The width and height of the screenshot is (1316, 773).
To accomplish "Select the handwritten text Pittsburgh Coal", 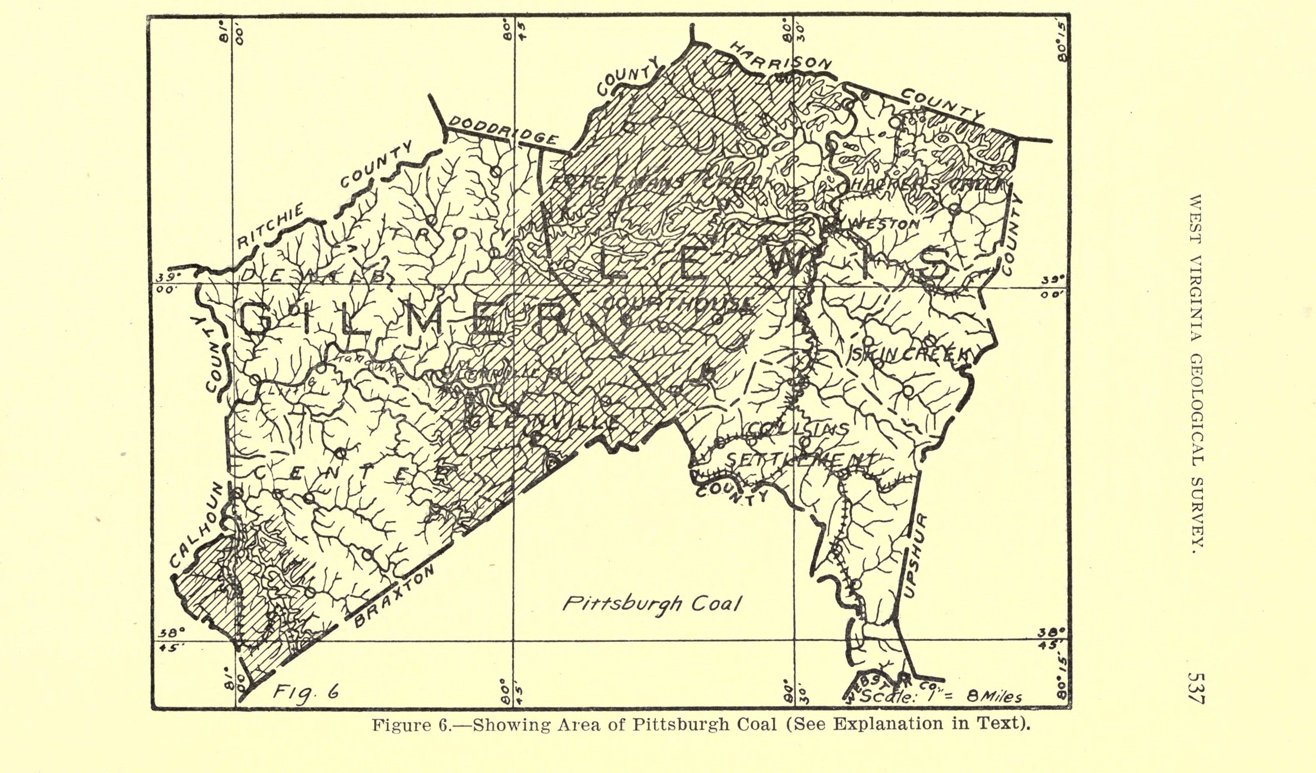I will (652, 604).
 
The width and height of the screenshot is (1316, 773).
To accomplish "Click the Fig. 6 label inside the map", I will (306, 693).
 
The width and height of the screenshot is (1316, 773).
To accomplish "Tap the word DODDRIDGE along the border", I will (502, 131).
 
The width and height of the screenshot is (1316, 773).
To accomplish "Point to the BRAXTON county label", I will (394, 596).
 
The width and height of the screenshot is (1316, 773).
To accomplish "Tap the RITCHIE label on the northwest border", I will (271, 225).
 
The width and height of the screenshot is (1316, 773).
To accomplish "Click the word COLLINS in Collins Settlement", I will (798, 430).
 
